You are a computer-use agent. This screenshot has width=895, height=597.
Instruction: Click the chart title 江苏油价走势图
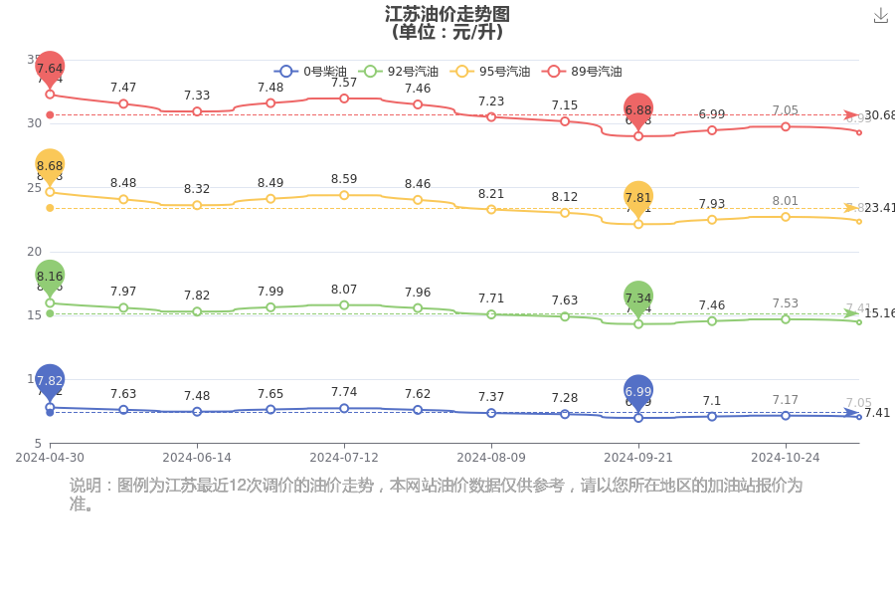click(x=447, y=14)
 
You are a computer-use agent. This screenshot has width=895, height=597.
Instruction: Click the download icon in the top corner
click(x=880, y=15)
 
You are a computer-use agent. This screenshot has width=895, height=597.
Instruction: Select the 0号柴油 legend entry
click(x=310, y=72)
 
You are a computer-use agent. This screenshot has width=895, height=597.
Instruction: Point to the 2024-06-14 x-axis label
click(x=197, y=458)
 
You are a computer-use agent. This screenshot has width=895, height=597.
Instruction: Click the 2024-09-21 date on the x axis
click(x=638, y=458)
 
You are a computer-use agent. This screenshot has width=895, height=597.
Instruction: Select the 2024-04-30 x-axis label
click(x=50, y=458)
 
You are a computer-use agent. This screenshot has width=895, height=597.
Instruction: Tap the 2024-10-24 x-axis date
click(x=785, y=458)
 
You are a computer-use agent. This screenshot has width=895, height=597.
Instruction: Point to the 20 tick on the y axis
click(x=34, y=252)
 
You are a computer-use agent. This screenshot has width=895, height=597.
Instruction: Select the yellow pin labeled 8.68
click(x=50, y=165)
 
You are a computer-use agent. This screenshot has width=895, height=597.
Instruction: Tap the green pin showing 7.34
click(x=638, y=298)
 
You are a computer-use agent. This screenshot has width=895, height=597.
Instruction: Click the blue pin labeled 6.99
click(x=638, y=392)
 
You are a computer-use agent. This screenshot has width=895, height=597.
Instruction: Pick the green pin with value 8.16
click(x=50, y=276)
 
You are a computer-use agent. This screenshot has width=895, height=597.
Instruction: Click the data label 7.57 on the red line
click(x=344, y=83)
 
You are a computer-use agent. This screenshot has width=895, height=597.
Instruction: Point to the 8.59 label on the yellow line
click(x=344, y=179)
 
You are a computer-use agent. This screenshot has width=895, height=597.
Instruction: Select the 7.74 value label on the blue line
click(x=344, y=393)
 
